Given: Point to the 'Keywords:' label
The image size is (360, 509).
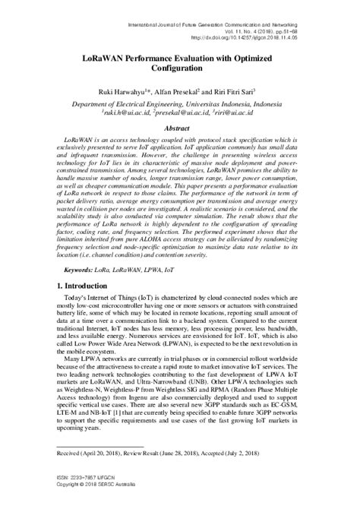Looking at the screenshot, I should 81,291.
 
